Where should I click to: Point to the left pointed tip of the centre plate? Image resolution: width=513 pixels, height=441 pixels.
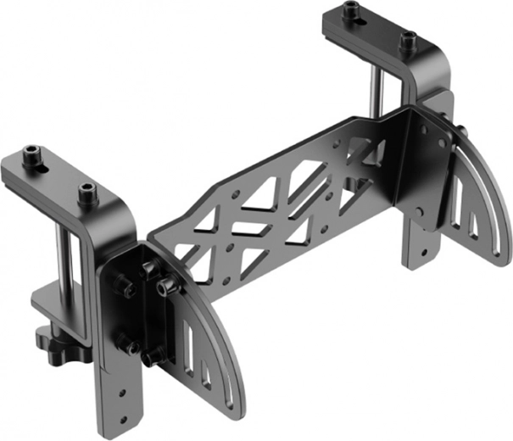pos(151,233)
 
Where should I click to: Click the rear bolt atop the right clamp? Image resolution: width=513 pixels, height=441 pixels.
pos(350,14)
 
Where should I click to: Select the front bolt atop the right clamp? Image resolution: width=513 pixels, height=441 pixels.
pos(407,37)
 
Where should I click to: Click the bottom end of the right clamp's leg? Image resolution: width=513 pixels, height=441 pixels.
pos(421,258)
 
